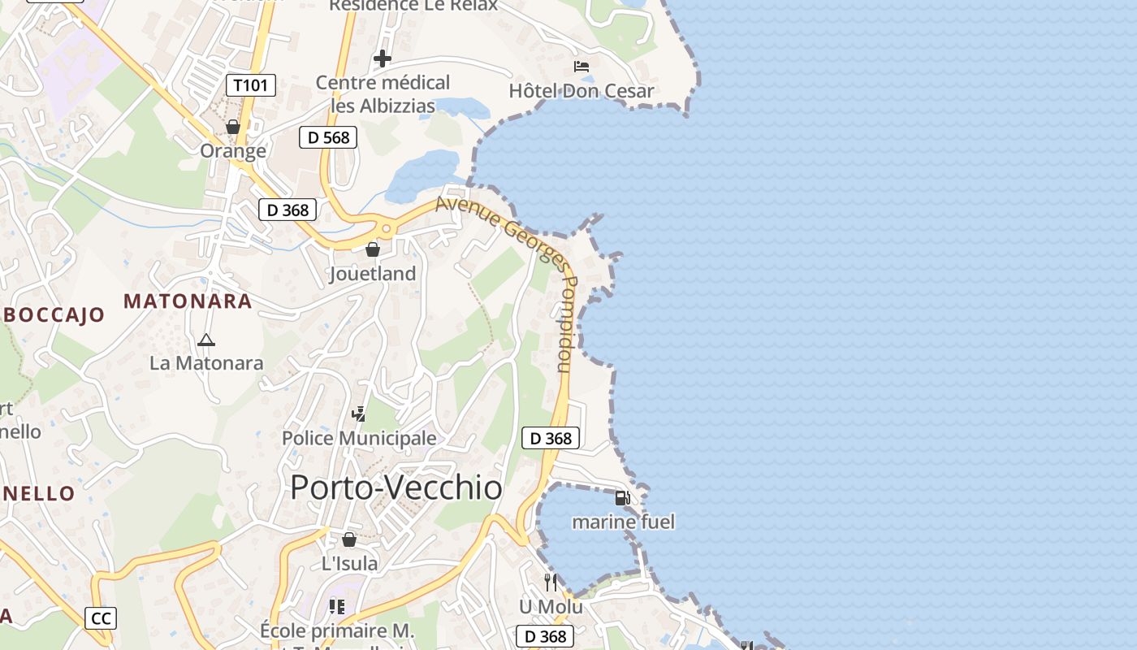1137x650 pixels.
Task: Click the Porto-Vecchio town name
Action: tap(396, 487)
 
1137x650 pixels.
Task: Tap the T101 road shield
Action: tap(251, 85)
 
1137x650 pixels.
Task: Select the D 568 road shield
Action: tap(329, 137)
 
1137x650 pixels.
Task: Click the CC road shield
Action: tap(101, 618)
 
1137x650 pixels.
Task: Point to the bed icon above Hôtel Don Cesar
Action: tap(581, 67)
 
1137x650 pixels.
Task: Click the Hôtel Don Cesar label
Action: tap(581, 90)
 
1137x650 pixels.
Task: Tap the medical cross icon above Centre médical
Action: tap(382, 58)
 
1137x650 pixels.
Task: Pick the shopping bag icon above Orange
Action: tap(233, 128)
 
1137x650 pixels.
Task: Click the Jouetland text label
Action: tap(372, 274)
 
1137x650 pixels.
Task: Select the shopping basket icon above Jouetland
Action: tap(372, 249)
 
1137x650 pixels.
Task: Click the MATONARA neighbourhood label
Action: tap(188, 301)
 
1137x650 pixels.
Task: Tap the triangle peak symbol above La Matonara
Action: tap(205, 340)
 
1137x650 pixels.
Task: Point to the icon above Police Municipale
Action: tap(358, 414)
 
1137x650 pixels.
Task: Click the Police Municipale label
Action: tap(359, 439)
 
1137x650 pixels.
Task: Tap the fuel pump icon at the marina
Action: tap(622, 497)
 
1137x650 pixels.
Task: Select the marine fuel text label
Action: tap(623, 522)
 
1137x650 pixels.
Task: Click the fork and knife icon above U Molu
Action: tap(551, 582)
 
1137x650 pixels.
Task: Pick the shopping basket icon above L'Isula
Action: tap(349, 539)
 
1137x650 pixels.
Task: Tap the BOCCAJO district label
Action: tap(53, 315)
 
